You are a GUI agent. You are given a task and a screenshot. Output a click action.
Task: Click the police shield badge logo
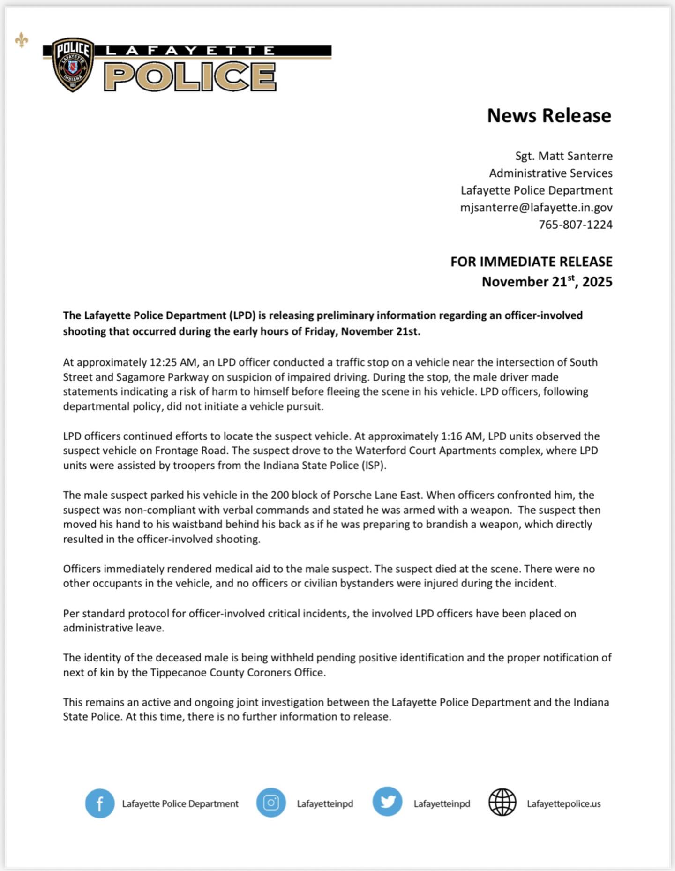[73, 65]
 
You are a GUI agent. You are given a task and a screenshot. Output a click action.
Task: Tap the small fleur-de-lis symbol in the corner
[22, 40]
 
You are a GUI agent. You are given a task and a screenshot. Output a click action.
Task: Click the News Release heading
[549, 116]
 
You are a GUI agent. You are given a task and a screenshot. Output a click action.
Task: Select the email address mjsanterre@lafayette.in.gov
[536, 207]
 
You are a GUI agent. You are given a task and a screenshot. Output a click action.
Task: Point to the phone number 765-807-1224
[575, 225]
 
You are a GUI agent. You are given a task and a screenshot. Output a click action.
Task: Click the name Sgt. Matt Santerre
[563, 156]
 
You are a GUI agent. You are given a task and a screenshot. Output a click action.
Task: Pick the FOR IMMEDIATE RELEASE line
[531, 262]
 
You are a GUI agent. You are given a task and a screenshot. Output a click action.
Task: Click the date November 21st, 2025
[547, 282]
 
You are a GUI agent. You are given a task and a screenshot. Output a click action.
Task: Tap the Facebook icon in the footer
[100, 803]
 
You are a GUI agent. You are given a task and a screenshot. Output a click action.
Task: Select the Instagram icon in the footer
[271, 803]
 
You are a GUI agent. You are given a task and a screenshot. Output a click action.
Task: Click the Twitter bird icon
[387, 802]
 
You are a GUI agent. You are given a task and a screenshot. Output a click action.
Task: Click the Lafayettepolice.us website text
[563, 803]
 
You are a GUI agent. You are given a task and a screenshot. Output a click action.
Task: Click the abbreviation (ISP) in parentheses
[373, 466]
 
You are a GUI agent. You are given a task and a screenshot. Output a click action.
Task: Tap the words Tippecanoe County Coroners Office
[237, 672]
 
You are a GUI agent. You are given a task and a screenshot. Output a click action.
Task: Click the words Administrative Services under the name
[550, 173]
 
